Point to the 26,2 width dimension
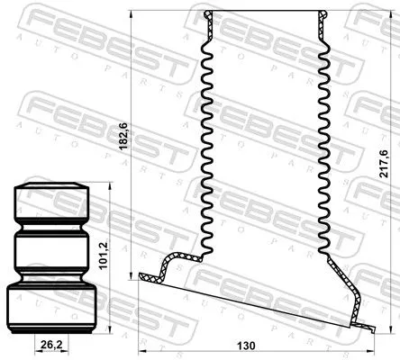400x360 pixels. (x=51, y=344)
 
